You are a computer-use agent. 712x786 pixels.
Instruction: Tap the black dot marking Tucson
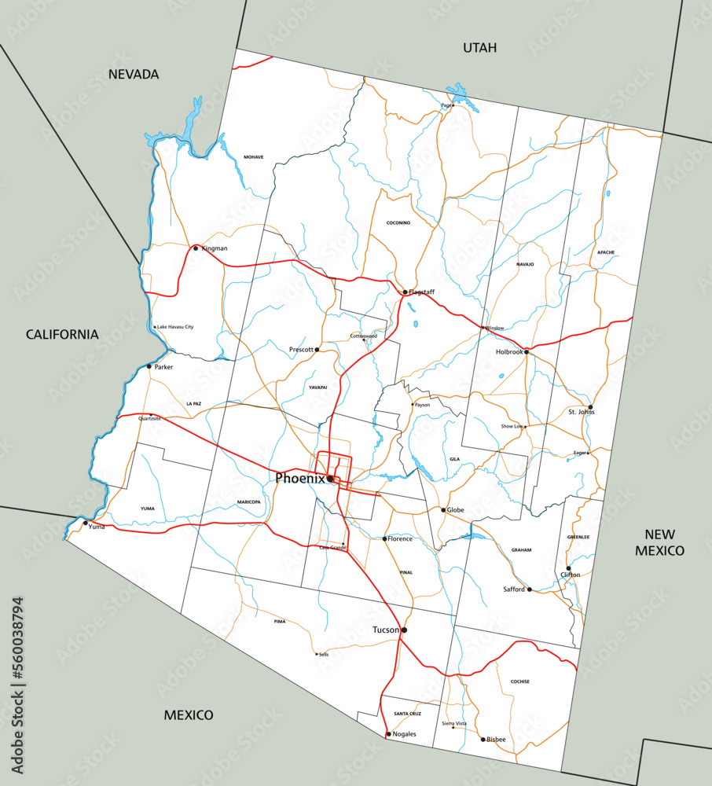click(404, 630)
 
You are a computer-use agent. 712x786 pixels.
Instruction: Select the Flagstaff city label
click(421, 292)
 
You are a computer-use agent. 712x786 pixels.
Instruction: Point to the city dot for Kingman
click(196, 248)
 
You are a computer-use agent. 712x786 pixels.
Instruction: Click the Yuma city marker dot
click(86, 523)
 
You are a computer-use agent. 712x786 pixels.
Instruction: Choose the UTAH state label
click(479, 48)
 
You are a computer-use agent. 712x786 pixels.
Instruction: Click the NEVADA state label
click(134, 75)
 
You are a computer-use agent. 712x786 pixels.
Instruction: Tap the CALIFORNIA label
click(62, 334)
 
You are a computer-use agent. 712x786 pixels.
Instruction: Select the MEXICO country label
click(189, 715)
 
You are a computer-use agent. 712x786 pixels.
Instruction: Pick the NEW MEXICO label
click(660, 542)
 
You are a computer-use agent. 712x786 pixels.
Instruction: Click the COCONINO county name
click(398, 223)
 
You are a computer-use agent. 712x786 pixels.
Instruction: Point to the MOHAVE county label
click(253, 157)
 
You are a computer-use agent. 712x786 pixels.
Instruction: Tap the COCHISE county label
click(519, 681)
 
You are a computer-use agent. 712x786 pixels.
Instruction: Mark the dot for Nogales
click(388, 734)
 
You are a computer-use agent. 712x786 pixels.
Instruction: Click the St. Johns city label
click(581, 412)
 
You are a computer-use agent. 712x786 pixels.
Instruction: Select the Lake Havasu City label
click(174, 327)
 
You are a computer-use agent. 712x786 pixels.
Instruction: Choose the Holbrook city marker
click(527, 351)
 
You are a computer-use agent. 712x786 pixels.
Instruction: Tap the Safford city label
click(514, 589)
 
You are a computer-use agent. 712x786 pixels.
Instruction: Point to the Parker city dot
click(149, 366)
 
